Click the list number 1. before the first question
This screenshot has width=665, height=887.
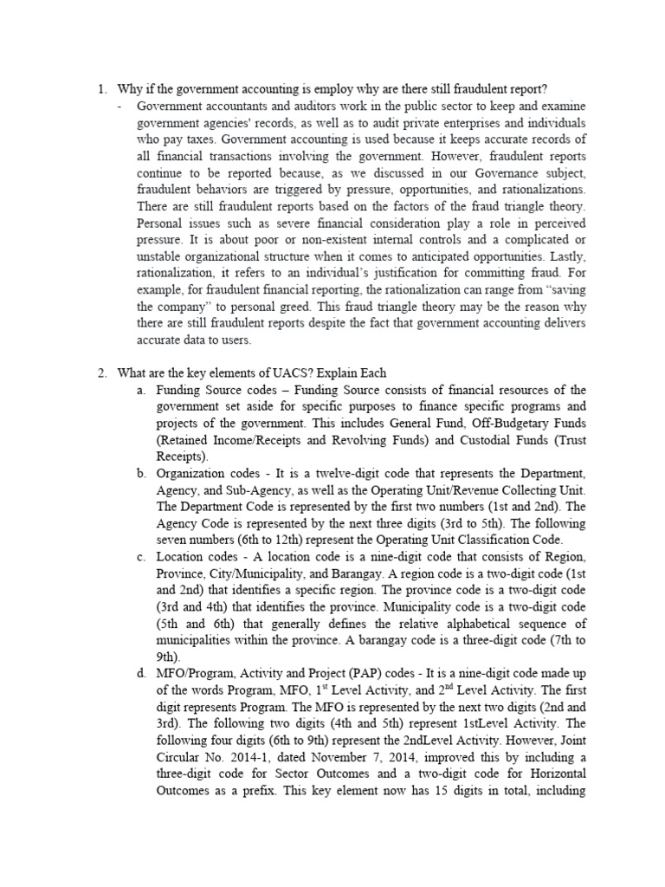(101, 89)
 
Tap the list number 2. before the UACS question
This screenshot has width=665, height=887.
(101, 373)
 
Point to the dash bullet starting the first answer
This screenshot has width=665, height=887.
(119, 106)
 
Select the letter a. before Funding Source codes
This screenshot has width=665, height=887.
(140, 390)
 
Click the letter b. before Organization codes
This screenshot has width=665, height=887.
(140, 474)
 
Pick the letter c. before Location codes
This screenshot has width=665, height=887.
(140, 557)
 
